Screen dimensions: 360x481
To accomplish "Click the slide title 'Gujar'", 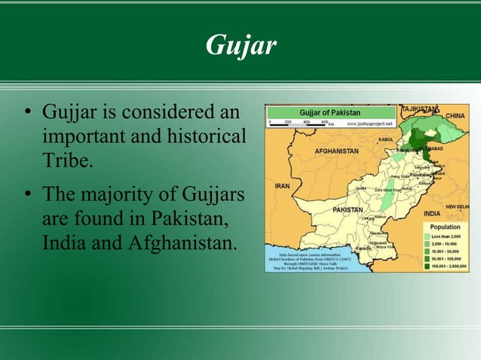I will (x=240, y=46).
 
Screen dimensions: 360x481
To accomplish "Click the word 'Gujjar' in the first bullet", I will (x=67, y=114).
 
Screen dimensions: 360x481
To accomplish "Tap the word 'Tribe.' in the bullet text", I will (x=68, y=161).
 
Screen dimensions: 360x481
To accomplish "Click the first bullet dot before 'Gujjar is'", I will (x=26, y=115).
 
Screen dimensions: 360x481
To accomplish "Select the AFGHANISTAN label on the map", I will (x=332, y=151).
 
